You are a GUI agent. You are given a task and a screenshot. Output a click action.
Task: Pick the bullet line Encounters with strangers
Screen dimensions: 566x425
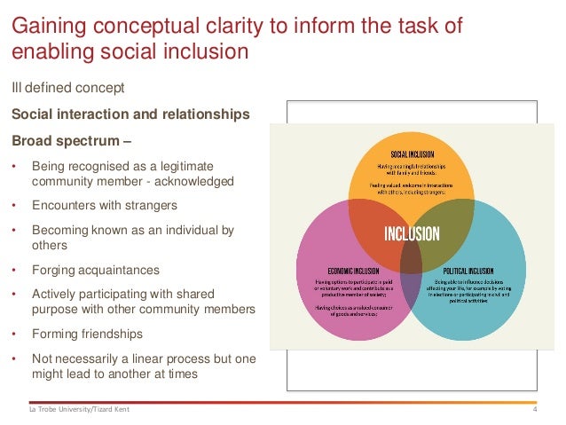pyautogui.click(x=104, y=205)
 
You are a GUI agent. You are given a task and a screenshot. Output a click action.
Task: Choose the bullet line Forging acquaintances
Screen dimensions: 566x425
pyautogui.click(x=95, y=271)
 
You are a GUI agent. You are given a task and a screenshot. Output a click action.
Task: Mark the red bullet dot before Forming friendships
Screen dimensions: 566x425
pyautogui.click(x=13, y=335)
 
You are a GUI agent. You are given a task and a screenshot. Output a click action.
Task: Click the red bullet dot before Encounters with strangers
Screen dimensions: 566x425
pyautogui.click(x=13, y=205)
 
